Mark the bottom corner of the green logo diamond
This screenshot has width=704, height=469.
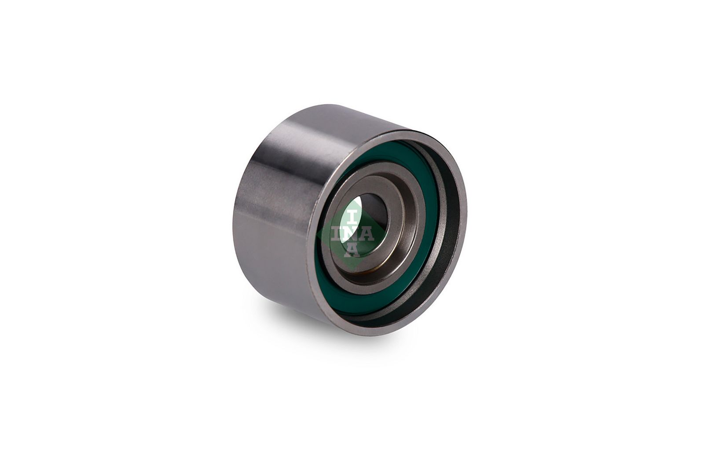click(352, 269)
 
